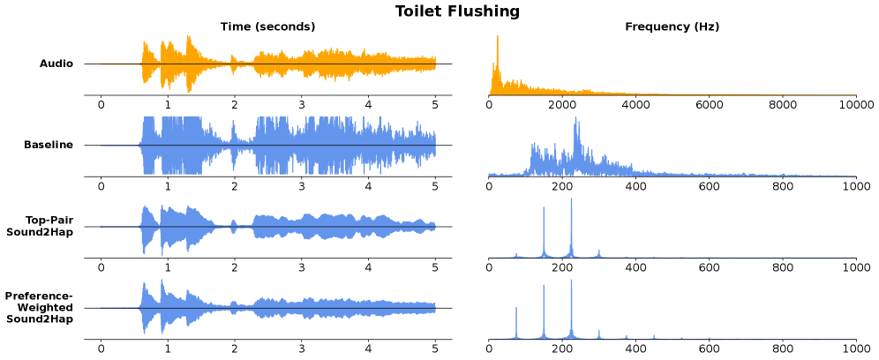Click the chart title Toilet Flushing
[x=456, y=11]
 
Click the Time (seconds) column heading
[x=267, y=26]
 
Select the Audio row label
[x=56, y=64]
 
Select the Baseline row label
[x=49, y=145]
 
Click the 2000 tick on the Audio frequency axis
[x=562, y=104]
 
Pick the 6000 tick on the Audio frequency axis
[x=709, y=104]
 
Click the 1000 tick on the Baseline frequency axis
[x=854, y=186]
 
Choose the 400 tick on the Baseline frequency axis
[x=635, y=186]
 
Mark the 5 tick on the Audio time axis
[x=435, y=104]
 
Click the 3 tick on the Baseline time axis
[x=301, y=186]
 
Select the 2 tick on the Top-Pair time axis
[x=234, y=267]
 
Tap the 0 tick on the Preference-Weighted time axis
[x=101, y=349]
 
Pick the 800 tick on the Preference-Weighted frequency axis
[x=782, y=349]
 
